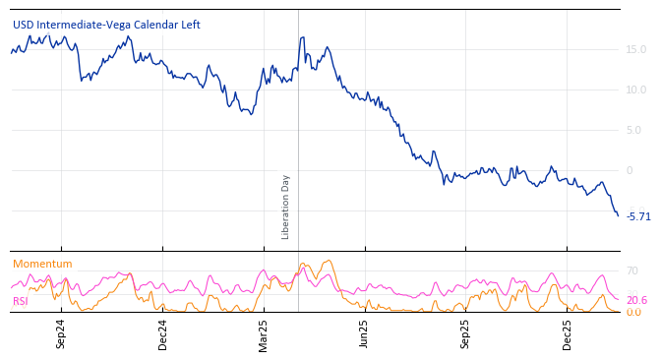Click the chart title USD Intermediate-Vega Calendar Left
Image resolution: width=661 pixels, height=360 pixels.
point(106,25)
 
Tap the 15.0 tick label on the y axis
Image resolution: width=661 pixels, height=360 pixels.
point(635,49)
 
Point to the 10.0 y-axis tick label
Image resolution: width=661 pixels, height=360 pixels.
point(635,90)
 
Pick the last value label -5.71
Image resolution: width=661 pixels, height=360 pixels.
point(638,216)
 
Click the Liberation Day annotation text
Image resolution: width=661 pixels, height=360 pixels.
point(286,207)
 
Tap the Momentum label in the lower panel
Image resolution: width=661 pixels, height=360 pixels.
point(42,264)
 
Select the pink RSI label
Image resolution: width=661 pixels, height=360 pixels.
point(20,301)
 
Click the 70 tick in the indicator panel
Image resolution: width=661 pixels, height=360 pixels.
point(632,270)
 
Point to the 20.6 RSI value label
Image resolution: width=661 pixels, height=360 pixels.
point(636,300)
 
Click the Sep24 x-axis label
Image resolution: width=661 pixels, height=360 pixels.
point(61,333)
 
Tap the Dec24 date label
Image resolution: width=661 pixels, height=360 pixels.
point(162,333)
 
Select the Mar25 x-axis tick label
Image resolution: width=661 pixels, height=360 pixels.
point(264,333)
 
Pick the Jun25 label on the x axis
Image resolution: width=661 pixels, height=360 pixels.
point(364,333)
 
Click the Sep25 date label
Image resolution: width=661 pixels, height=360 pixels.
point(465,333)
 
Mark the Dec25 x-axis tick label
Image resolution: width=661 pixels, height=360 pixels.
point(567,333)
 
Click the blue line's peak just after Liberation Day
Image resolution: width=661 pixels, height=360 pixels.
point(302,37)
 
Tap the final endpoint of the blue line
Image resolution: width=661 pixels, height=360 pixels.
point(618,215)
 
